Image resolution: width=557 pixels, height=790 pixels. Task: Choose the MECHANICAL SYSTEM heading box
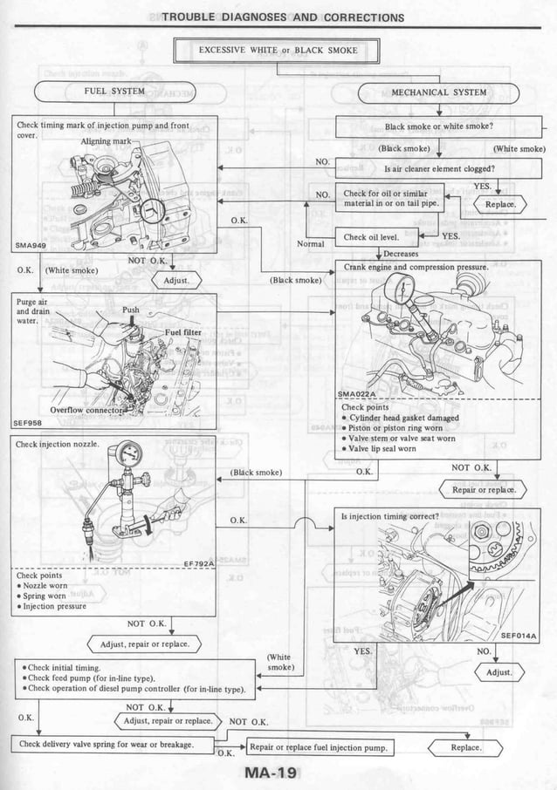tap(439, 92)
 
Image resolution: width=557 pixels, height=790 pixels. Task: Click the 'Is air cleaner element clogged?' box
tap(439, 168)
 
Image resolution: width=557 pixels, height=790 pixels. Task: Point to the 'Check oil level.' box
tap(371, 236)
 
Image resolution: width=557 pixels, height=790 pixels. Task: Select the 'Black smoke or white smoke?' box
tap(439, 126)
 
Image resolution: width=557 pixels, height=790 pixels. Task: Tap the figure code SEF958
tap(28, 423)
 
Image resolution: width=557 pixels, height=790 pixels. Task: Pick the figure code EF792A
tap(199, 563)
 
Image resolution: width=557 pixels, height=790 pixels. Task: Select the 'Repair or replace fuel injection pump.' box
tap(319, 747)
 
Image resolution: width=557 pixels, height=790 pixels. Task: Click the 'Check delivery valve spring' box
tap(105, 744)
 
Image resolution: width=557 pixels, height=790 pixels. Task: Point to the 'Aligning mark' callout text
tap(106, 140)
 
